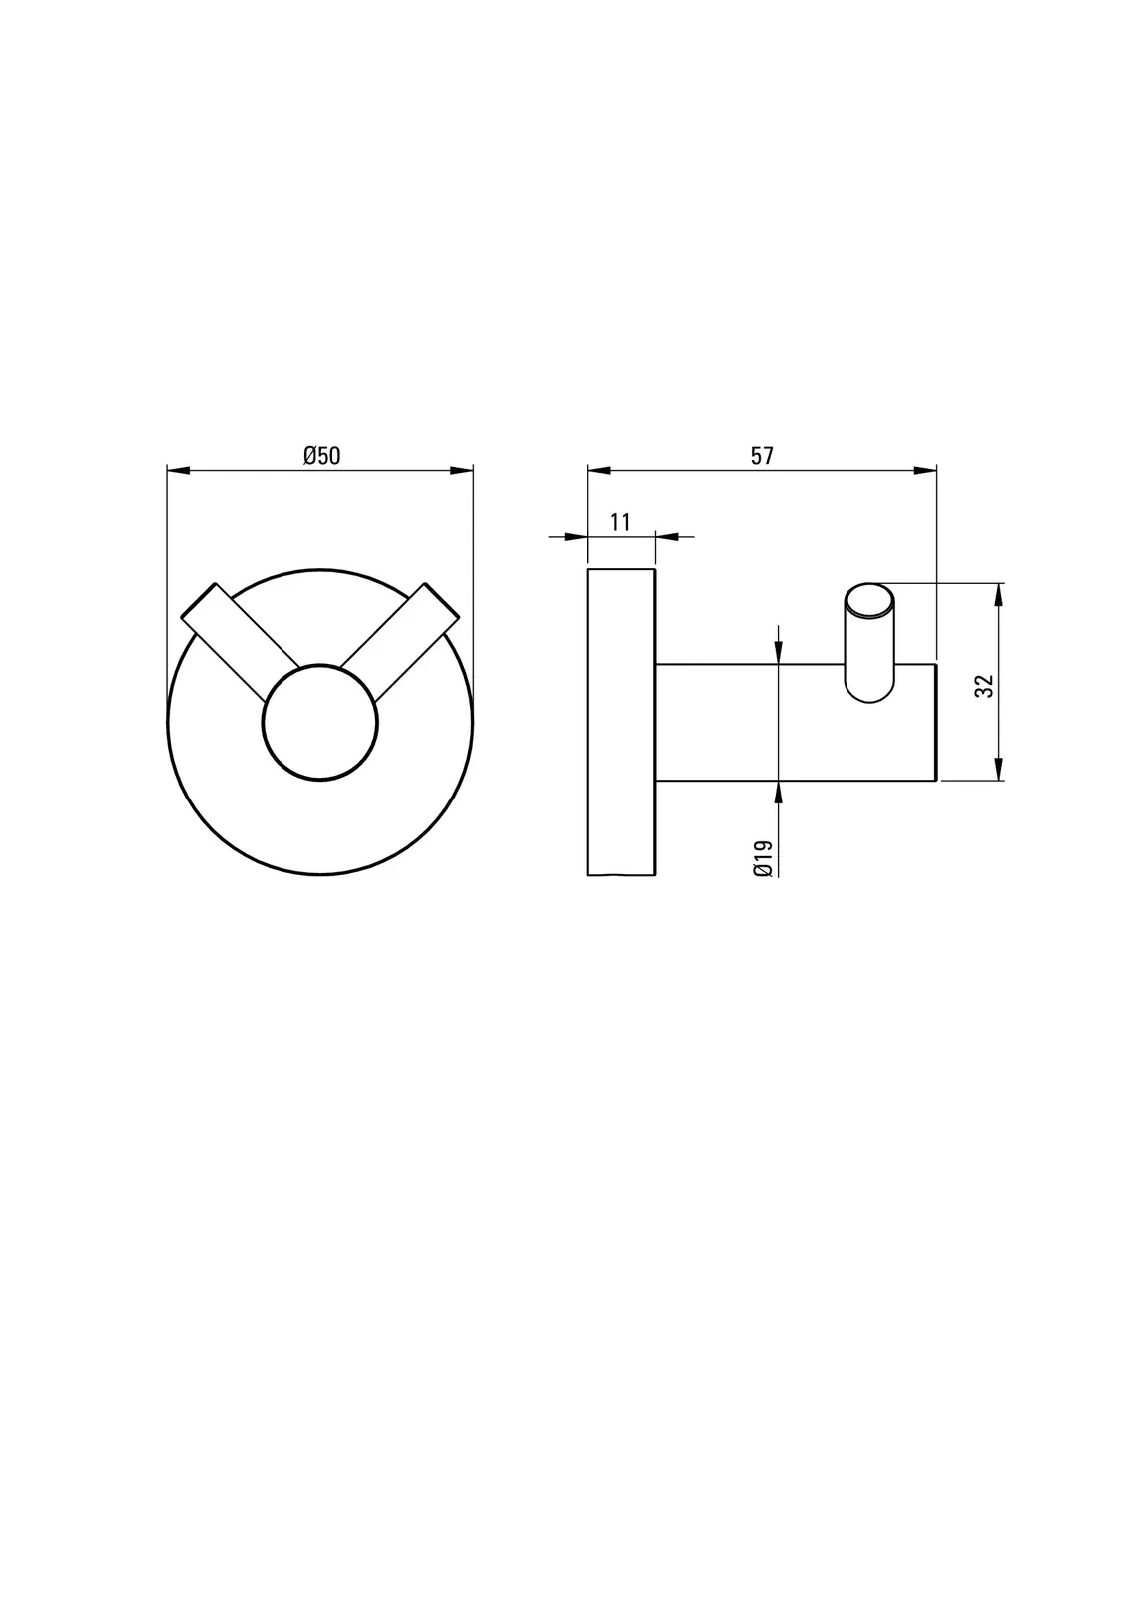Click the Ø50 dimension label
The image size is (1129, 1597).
(321, 455)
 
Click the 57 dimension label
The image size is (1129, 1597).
(762, 455)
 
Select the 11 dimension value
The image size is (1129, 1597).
(621, 522)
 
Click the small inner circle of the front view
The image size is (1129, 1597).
(320, 722)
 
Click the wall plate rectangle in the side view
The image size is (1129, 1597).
(621, 722)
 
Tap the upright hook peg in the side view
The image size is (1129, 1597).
(869, 642)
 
